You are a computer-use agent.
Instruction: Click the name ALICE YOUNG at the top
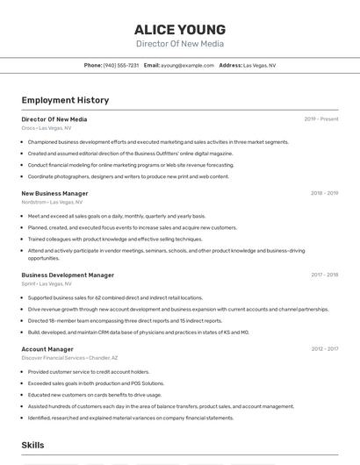point(179,30)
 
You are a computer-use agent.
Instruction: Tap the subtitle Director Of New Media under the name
point(179,44)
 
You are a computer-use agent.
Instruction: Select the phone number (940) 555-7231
point(121,65)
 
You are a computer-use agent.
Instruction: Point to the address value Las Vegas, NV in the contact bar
point(259,65)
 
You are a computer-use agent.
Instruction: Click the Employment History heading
point(65,101)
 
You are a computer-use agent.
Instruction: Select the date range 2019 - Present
point(321,119)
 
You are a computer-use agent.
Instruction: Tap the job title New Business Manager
point(54,193)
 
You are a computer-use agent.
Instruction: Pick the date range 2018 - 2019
point(324,193)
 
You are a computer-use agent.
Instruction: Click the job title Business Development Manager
point(68,275)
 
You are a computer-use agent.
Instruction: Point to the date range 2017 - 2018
point(324,275)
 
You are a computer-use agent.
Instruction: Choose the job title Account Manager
point(47,349)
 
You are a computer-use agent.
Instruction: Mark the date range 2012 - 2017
point(324,349)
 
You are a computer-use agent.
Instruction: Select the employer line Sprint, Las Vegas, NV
point(47,283)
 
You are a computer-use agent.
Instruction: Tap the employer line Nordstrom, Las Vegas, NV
point(52,202)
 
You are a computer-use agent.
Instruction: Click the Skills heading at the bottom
point(33,446)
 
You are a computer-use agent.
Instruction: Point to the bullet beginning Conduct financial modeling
point(131,165)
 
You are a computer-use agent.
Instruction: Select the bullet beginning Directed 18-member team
point(125,321)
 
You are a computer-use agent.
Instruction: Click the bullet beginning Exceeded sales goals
point(96,383)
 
